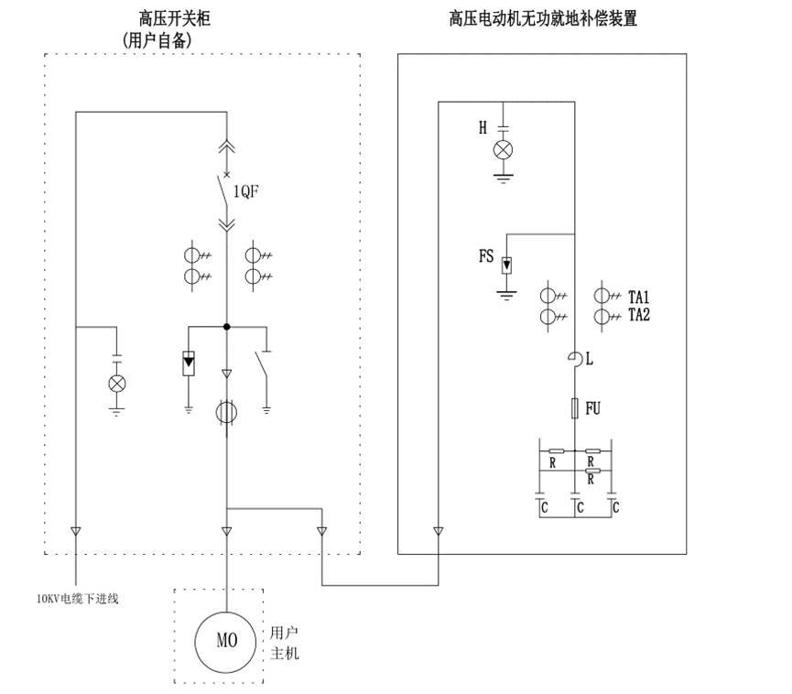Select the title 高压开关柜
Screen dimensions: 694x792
[175, 18]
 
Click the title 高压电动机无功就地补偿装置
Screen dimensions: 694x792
[543, 18]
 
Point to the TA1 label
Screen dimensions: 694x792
[638, 298]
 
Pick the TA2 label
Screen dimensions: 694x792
[638, 315]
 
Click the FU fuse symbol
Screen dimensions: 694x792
[574, 407]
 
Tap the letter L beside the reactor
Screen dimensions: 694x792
[590, 361]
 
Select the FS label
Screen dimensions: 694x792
[486, 257]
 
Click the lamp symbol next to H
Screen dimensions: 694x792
[503, 150]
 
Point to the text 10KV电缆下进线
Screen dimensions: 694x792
[78, 600]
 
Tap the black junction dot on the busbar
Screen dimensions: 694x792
[226, 326]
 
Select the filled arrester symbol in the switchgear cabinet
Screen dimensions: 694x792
[189, 363]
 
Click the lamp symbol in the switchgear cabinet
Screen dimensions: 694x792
[117, 383]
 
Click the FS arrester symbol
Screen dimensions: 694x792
[504, 266]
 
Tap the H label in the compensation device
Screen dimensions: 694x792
[483, 128]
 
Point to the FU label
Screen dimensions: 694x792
[592, 407]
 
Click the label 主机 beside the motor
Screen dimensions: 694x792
[285, 654]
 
